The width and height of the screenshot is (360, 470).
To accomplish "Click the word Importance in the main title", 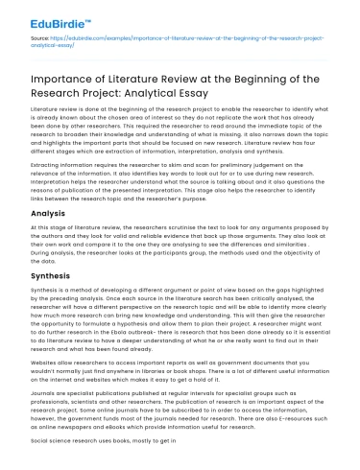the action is [63, 81].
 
